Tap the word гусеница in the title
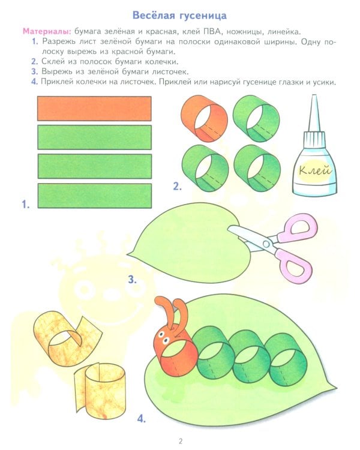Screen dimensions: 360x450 coord(203,16)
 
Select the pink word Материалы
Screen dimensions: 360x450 coord(47,31)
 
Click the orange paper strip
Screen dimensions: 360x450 coord(94,109)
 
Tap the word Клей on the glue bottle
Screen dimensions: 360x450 coord(314,170)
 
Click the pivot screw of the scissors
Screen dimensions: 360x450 coord(266,244)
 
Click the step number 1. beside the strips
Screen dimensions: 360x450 coord(26,205)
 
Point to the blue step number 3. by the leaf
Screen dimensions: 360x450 coord(133,280)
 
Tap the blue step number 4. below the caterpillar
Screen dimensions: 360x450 coord(141,419)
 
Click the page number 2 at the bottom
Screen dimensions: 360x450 coord(180,441)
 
